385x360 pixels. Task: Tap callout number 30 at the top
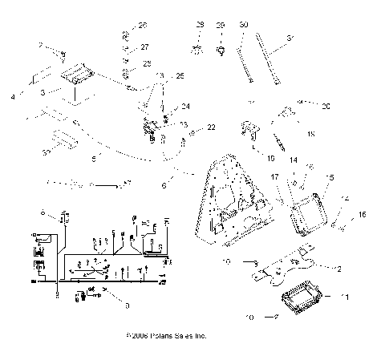pos(243,26)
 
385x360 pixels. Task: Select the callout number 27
pos(144,47)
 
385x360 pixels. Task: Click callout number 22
pos(212,127)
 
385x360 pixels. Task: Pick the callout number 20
pos(326,105)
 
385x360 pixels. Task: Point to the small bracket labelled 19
pos(250,131)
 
